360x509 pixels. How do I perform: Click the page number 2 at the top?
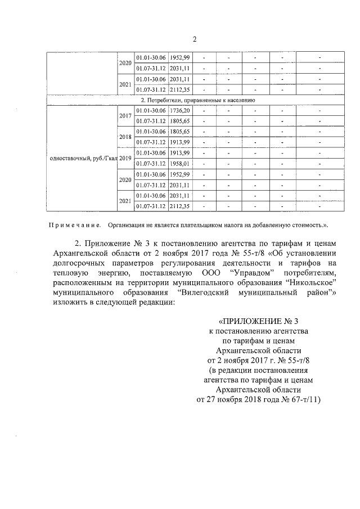click(x=195, y=39)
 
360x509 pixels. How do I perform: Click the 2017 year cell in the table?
click(x=125, y=116)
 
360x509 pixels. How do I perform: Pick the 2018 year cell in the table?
click(x=125, y=137)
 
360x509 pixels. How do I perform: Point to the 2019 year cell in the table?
click(x=125, y=158)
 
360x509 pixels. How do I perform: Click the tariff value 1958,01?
click(x=180, y=163)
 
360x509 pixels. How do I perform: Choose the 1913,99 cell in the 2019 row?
click(x=180, y=153)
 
